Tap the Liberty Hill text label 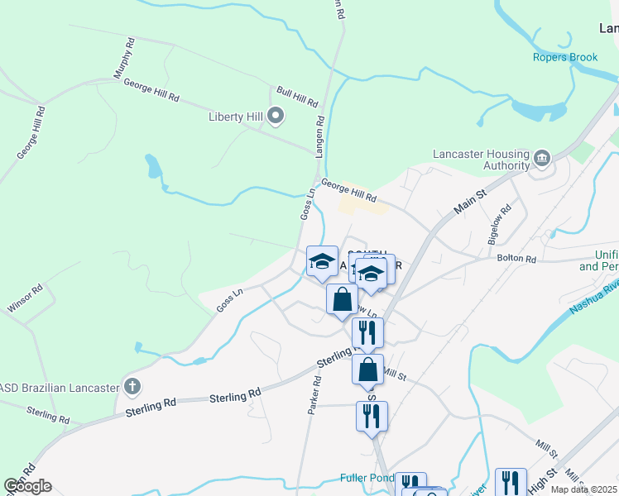pyautogui.click(x=235, y=117)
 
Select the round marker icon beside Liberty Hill pyautogui.click(x=276, y=116)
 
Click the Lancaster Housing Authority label pyautogui.click(x=481, y=160)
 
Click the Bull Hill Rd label pyautogui.click(x=297, y=97)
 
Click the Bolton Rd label pyautogui.click(x=517, y=260)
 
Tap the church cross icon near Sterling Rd pyautogui.click(x=132, y=386)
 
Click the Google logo pyautogui.click(x=27, y=486)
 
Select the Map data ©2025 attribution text pyautogui.click(x=583, y=489)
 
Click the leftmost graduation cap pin pyautogui.click(x=322, y=262)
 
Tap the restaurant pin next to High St pyautogui.click(x=511, y=482)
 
